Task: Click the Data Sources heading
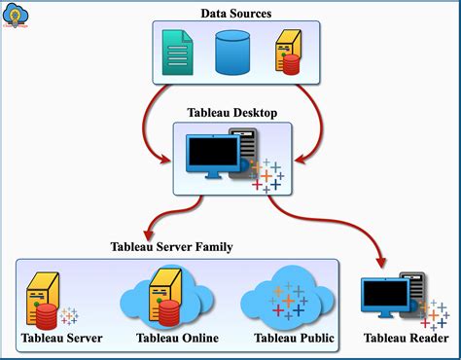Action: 237,13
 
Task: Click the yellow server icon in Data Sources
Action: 287,52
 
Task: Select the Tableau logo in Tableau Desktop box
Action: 265,175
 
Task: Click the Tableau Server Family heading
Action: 172,247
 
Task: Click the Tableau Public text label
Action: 294,338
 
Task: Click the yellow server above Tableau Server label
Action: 44,297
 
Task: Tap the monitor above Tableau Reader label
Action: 384,298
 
